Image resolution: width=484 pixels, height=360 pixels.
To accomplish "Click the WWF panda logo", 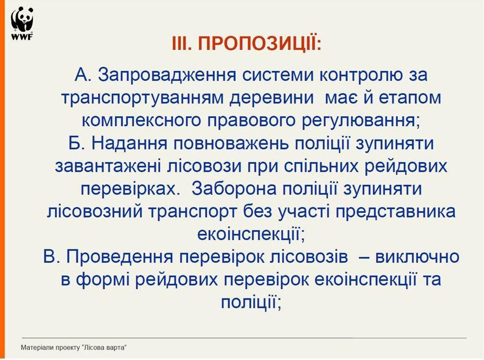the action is pos(22,24).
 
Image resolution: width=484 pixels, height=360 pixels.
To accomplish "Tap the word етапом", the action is pos(410,98).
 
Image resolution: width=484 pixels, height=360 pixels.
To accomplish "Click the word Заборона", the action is pos(234,189).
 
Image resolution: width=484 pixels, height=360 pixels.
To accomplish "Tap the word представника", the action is pos(395,212).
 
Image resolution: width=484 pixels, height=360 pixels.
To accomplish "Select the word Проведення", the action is pos(120,257).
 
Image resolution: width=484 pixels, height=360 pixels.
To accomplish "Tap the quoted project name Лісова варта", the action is pos(104,347).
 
